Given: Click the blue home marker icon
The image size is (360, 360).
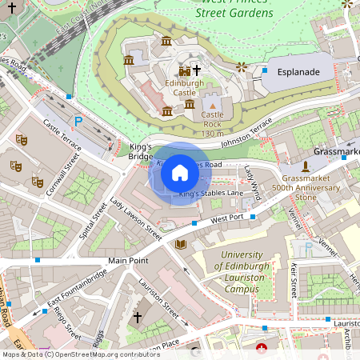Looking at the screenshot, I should (180, 173).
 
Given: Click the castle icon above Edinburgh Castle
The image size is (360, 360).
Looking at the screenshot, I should (185, 71).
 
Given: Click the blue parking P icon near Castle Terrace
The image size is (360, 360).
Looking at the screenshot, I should (78, 121).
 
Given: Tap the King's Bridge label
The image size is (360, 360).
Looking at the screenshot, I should (140, 152).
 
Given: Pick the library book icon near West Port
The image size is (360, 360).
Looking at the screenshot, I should (181, 243).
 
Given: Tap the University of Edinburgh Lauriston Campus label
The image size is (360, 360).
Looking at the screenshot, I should (242, 265).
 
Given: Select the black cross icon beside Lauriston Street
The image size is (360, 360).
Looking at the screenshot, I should (137, 318).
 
